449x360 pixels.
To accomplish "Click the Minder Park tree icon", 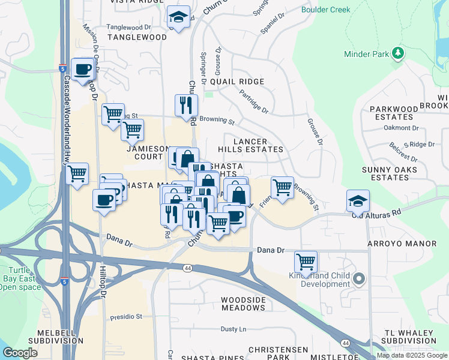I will tap(397, 54).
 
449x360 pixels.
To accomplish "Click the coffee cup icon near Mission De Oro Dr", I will tap(82, 68).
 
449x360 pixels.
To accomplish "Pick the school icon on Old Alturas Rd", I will tap(358, 200).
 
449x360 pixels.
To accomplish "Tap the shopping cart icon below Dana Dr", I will tap(306, 262).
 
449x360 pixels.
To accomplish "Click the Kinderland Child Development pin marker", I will tap(360, 278).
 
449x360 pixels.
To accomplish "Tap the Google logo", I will tap(20, 353).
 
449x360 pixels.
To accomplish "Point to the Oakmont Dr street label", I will tap(401, 128).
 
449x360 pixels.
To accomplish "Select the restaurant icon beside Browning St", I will tap(186, 105).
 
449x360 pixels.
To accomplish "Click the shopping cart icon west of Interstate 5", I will tap(77, 174).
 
